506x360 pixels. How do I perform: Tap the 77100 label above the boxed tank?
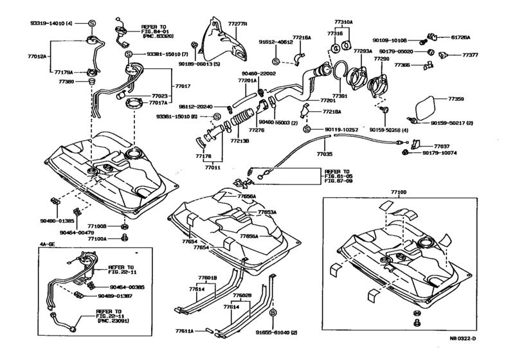pos(399,192)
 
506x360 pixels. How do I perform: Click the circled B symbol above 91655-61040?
pos(273,312)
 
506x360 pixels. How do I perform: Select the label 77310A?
pos(343,22)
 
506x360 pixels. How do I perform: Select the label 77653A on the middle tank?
pos(267,212)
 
